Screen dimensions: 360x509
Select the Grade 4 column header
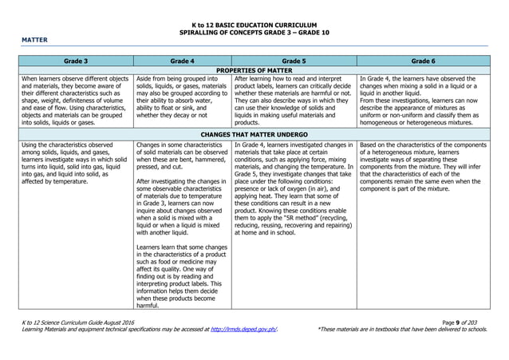pyautogui.click(x=182, y=60)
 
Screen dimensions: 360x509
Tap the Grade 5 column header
pyautogui.click(x=293, y=60)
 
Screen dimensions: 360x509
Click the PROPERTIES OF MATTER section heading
pyautogui.click(x=254, y=70)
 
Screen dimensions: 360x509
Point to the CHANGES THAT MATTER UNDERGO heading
pyautogui.click(x=254, y=134)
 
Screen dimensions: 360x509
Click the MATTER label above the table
pyautogui.click(x=35, y=39)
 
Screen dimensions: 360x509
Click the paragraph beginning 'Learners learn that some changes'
pyautogui.click(x=182, y=276)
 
